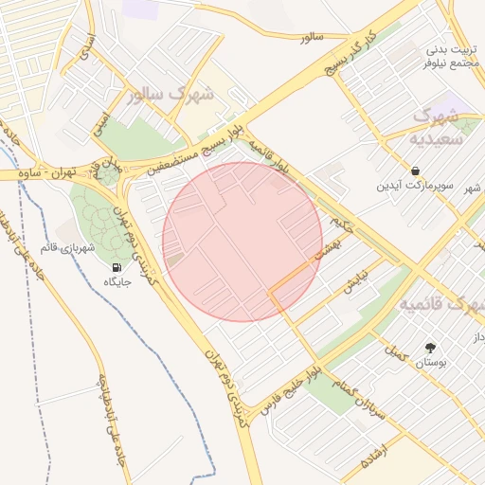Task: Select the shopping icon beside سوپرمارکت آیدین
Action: [416, 171]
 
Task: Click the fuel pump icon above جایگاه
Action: [117, 268]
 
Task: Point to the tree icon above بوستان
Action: [431, 348]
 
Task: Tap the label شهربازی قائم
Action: [67, 248]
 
